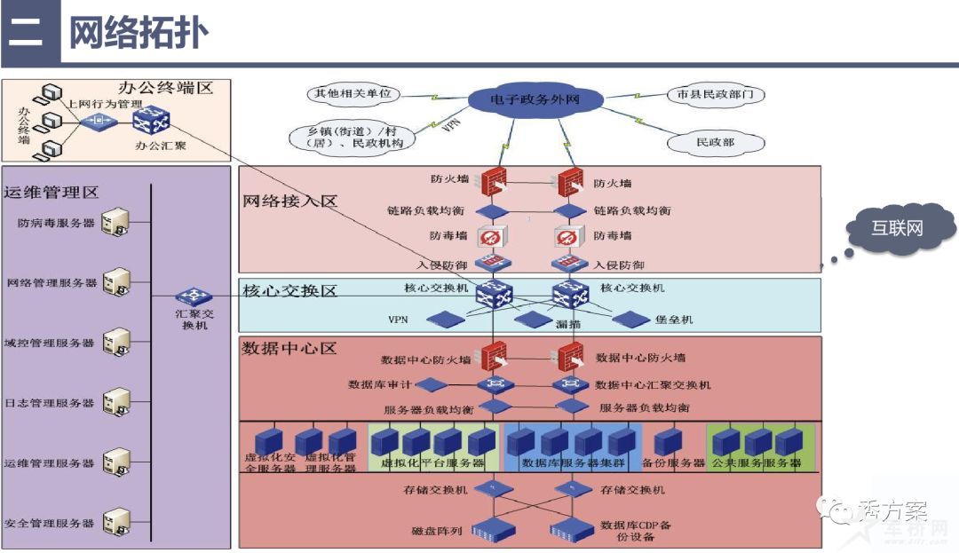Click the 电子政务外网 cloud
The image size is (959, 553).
[x=535, y=99]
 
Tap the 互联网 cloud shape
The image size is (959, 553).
[x=896, y=229]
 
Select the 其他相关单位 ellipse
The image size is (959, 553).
[x=353, y=93]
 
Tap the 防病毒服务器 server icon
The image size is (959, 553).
[x=115, y=222]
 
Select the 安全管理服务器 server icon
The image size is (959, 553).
[x=115, y=522]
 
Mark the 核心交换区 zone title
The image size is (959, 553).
[x=290, y=291]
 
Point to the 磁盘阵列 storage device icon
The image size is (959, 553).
[x=495, y=531]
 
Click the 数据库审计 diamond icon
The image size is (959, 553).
[x=431, y=385]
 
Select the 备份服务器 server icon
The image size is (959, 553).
[x=667, y=440]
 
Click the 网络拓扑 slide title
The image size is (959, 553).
[x=139, y=33]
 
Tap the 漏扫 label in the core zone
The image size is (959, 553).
[x=568, y=325]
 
